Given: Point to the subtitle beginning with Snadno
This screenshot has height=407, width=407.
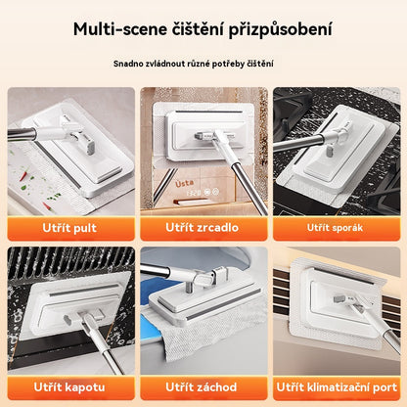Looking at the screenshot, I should point(203,65).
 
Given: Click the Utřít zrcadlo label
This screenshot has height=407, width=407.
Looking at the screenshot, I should point(203,228).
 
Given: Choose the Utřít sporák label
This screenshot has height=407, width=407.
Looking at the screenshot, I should point(338,228).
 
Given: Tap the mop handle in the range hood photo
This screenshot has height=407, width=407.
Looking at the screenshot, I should point(39,342).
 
